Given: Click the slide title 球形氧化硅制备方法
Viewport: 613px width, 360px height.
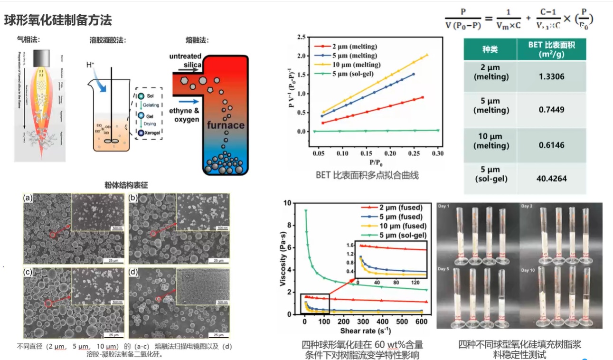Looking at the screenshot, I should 58,20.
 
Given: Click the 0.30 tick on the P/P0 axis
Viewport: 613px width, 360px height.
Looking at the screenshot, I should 437,154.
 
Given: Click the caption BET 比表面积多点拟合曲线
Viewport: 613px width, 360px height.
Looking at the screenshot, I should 367,175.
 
